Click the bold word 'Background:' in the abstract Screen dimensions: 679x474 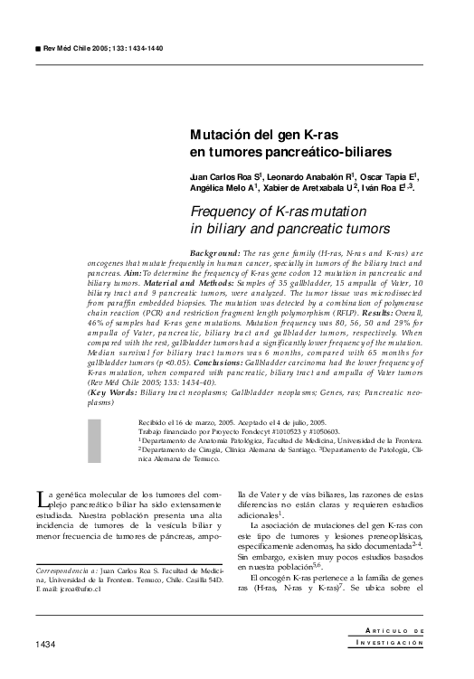[x=215, y=254]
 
